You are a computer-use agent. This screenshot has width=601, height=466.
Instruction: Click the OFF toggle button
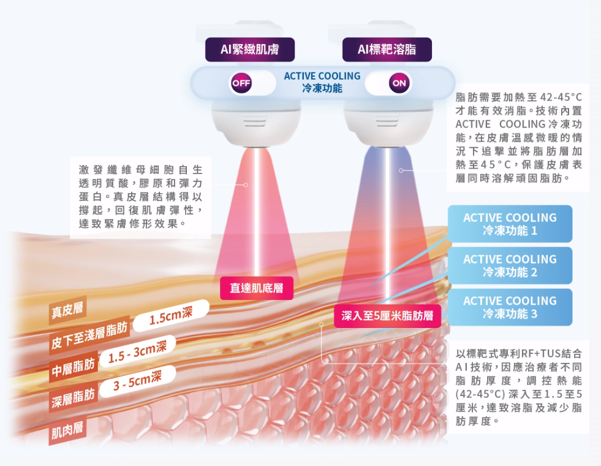point(241,83)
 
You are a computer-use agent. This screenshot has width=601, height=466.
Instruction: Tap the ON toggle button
point(399,83)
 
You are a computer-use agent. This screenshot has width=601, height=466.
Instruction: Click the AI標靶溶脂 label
point(386,50)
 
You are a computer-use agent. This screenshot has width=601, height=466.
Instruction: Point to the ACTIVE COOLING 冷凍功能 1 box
point(510,224)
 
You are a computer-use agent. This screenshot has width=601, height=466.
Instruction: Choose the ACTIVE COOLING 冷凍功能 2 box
point(510,265)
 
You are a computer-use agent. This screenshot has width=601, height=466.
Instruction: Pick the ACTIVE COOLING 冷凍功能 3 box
point(510,307)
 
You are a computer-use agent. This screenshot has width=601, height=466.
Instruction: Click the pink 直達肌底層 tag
point(257,288)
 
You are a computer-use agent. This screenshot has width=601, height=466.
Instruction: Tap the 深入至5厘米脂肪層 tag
point(387,316)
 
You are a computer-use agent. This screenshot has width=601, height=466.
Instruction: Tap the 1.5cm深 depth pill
point(171,317)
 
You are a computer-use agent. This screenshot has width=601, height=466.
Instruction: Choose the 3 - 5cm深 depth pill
point(137,381)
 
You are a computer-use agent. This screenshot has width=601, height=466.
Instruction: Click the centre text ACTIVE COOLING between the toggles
point(322,76)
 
